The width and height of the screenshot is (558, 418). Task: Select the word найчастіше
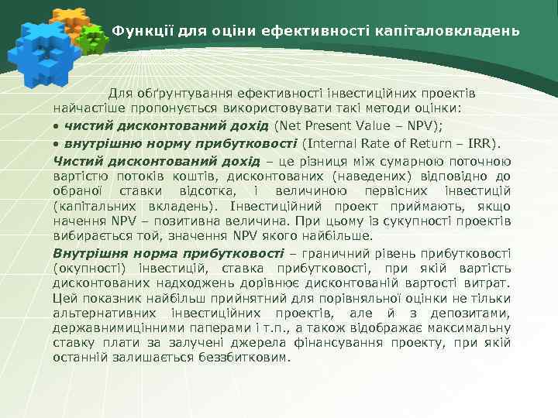tap(85, 107)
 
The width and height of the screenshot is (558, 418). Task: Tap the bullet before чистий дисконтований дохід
tap(57, 126)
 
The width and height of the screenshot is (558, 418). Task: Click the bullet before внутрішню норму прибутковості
tap(57, 143)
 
